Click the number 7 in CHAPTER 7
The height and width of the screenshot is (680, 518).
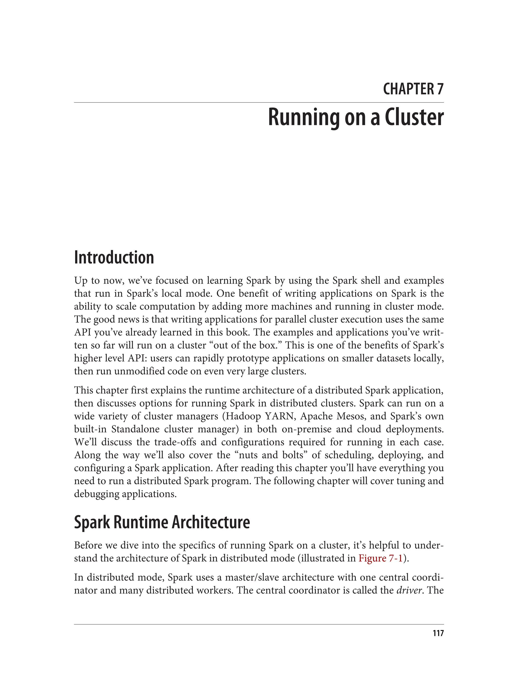[440, 89]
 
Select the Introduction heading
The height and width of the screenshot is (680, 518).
[114, 258]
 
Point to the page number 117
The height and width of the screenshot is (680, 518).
[438, 633]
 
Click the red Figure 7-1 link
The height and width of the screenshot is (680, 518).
[380, 559]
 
